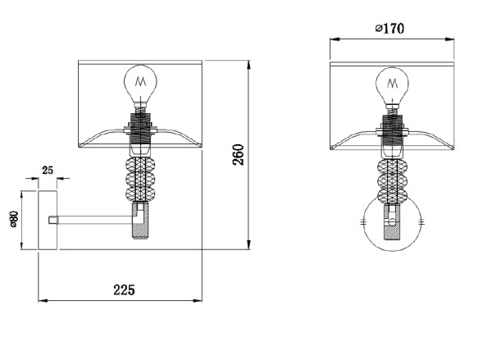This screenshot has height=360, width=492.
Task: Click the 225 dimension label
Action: [124, 289]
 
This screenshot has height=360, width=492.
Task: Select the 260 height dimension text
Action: [238, 154]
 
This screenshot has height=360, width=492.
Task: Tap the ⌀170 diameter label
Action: [389, 29]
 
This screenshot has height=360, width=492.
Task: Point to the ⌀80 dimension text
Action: [14, 219]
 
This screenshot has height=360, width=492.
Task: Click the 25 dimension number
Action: [48, 171]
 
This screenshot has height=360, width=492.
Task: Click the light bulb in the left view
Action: [140, 84]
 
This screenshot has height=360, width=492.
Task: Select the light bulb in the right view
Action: [392, 85]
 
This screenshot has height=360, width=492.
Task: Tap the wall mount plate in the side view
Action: [48, 220]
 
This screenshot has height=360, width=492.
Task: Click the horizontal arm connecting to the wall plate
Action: [94, 220]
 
